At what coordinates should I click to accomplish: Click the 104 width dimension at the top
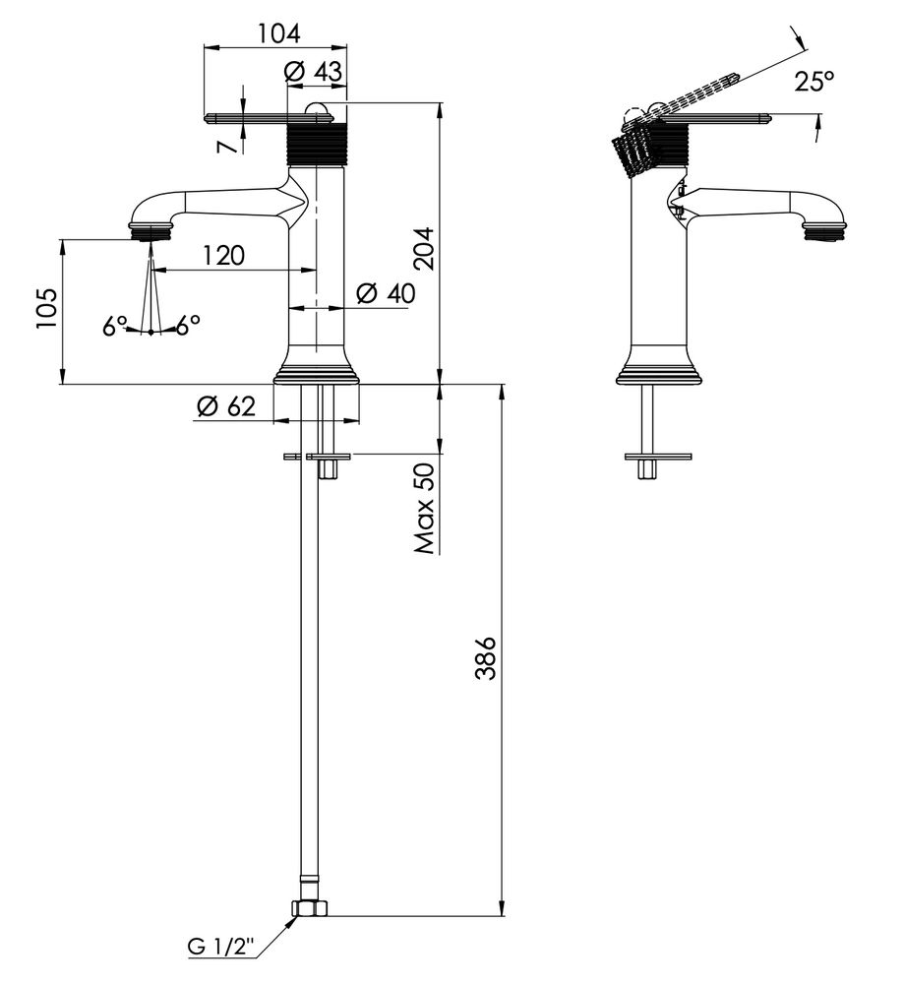[278, 32]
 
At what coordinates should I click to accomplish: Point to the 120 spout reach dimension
[223, 256]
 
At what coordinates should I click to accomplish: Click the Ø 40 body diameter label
[386, 292]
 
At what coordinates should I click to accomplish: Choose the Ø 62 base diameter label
[225, 404]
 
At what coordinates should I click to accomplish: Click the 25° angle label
[814, 82]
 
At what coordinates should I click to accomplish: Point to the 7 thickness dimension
[227, 145]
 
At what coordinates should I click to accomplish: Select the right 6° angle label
[187, 323]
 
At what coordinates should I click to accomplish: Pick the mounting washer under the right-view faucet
[658, 456]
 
